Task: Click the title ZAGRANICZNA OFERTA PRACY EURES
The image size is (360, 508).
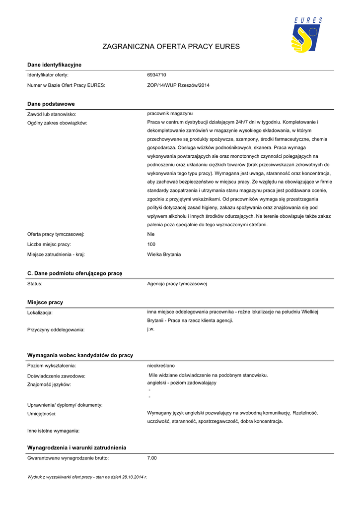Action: click(x=171, y=47)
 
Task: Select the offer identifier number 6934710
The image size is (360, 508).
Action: click(x=157, y=75)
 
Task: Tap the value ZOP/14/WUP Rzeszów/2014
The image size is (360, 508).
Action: click(x=178, y=85)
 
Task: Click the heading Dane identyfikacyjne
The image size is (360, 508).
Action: click(x=54, y=65)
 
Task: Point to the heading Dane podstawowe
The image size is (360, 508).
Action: click(x=51, y=104)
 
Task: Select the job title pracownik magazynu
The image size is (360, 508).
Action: click(x=170, y=114)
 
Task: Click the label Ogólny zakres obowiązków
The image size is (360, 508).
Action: click(x=57, y=123)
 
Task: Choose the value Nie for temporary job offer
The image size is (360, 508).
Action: click(x=151, y=234)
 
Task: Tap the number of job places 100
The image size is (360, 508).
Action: click(x=151, y=244)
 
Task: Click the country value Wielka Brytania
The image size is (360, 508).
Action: click(x=164, y=254)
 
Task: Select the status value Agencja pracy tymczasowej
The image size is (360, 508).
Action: click(x=177, y=284)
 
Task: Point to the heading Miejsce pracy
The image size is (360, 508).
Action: click(x=45, y=302)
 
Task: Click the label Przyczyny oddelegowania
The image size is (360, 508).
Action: click(x=56, y=329)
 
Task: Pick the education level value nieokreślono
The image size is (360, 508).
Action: click(x=161, y=366)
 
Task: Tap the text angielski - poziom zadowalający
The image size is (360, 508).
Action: click(x=182, y=383)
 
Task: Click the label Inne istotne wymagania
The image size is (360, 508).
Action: click(x=53, y=431)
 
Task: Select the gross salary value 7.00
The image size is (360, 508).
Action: click(x=152, y=458)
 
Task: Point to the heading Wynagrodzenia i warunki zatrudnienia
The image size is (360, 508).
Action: click(x=76, y=447)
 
